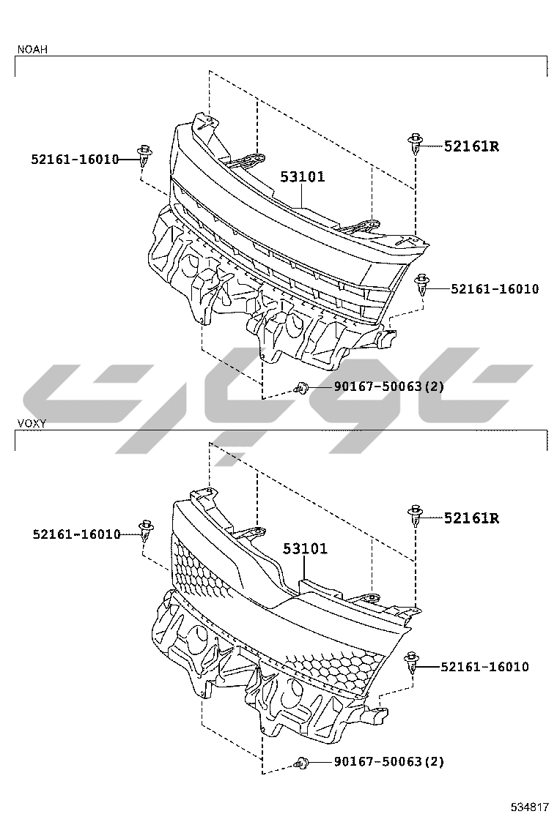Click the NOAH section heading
[x=32, y=49]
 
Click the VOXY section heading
[x=32, y=424]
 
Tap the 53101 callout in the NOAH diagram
[x=303, y=176]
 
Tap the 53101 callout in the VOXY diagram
[x=305, y=548]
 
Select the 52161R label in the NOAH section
[x=471, y=146]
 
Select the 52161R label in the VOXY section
[x=471, y=518]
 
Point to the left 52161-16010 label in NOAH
[x=75, y=160]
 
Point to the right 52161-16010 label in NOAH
[x=495, y=288]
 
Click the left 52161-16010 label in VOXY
[x=77, y=534]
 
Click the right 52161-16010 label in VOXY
[x=484, y=667]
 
